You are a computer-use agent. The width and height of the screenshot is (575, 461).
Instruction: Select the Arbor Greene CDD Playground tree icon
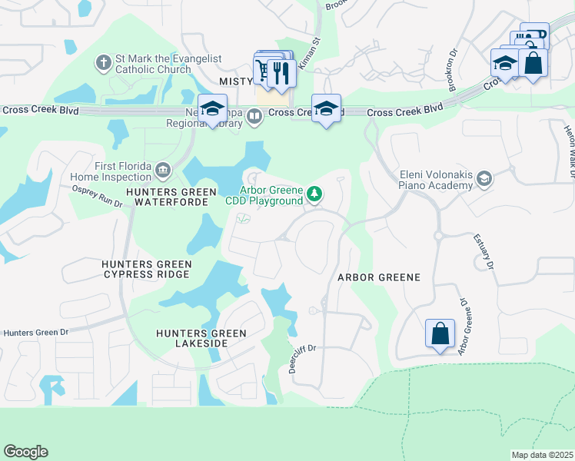314,195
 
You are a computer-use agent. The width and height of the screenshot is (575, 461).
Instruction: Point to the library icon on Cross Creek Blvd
254,116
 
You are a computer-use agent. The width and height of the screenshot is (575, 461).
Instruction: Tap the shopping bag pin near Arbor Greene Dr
440,334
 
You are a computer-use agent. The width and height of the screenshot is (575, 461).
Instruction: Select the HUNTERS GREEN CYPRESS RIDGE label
146,269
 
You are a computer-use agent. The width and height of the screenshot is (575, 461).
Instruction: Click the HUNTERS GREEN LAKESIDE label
201,338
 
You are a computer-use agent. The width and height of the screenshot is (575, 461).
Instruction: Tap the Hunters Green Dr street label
36,333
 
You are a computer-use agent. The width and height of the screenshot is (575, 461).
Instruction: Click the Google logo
25,452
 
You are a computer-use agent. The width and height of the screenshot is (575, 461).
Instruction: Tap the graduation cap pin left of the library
213,108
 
